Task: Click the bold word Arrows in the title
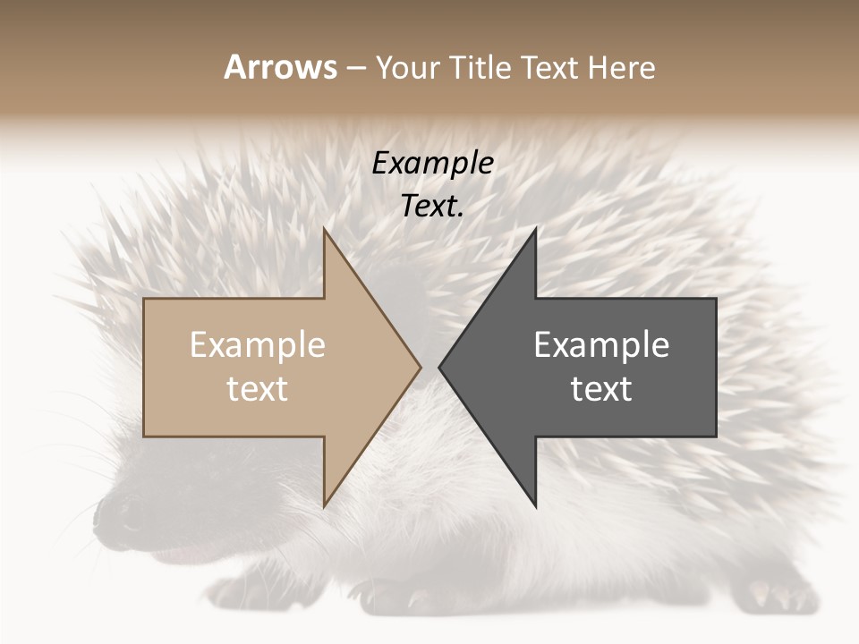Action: pos(280,67)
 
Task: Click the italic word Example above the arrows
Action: pos(433,164)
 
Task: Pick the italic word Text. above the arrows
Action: pos(433,207)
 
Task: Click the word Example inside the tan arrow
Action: pos(258,345)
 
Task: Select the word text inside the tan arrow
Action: pos(258,389)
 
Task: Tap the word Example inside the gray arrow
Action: pos(601,345)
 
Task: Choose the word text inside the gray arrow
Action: pos(601,389)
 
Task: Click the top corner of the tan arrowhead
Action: pos(325,231)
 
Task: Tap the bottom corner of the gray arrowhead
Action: pos(535,505)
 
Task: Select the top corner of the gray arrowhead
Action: pos(535,231)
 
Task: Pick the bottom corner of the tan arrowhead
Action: pos(325,505)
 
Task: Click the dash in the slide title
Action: pos(355,69)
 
